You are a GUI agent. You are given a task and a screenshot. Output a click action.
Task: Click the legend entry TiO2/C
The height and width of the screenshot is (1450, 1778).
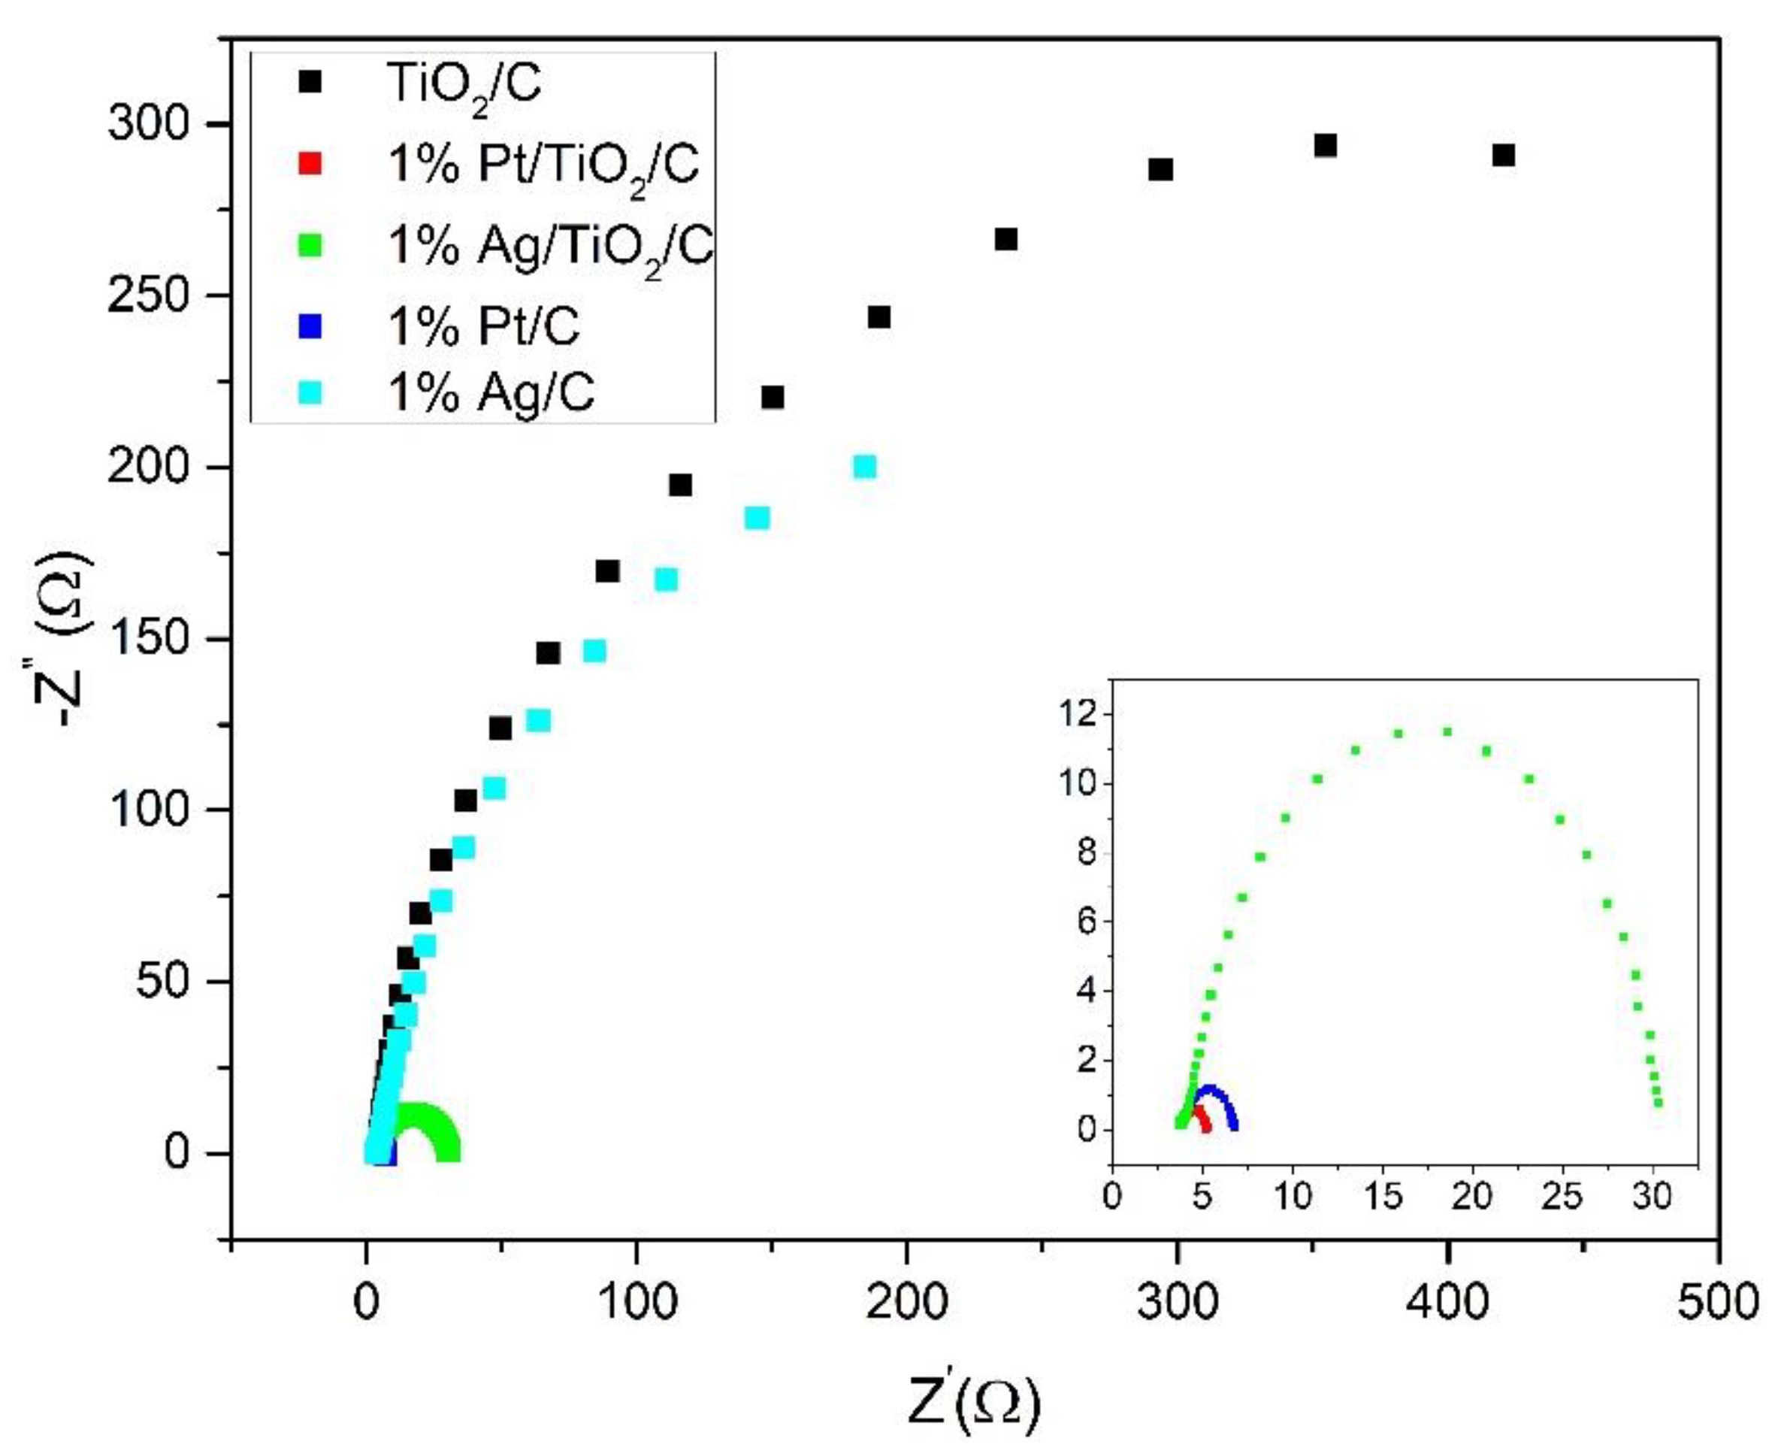(x=464, y=84)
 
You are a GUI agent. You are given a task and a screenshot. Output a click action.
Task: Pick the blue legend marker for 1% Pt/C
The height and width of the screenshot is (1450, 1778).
(x=310, y=325)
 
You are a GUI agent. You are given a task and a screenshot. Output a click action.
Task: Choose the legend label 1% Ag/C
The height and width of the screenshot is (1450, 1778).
(x=491, y=392)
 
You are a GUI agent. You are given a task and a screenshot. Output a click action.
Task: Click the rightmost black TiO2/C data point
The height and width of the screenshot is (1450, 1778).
(x=1503, y=156)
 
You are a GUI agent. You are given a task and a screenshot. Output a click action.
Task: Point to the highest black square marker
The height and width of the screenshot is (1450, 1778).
(x=1326, y=146)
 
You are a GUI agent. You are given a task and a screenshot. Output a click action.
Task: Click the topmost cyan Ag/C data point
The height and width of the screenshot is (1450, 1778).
(x=865, y=467)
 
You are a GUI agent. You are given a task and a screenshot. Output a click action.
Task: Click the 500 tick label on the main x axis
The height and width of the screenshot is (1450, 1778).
(x=1718, y=1303)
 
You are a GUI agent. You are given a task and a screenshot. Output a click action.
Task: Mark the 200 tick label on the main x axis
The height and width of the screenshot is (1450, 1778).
(x=906, y=1303)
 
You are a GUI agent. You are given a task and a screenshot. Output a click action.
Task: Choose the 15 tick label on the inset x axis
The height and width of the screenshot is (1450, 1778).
(x=1383, y=1197)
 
